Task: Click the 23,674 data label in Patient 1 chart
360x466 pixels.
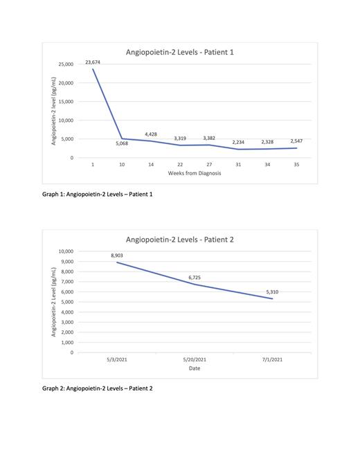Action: pyautogui.click(x=93, y=62)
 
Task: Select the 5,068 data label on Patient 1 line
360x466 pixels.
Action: pyautogui.click(x=122, y=143)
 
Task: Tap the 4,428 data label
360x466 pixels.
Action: pyautogui.click(x=151, y=134)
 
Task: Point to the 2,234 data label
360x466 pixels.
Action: pyautogui.click(x=238, y=142)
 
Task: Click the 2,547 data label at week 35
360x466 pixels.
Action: pyautogui.click(x=296, y=141)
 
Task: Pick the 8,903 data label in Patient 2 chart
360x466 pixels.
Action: pyautogui.click(x=116, y=256)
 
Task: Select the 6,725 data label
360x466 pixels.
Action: pyautogui.click(x=194, y=277)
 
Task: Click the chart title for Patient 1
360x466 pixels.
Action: pyautogui.click(x=179, y=52)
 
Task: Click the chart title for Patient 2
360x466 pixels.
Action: pyautogui.click(x=180, y=240)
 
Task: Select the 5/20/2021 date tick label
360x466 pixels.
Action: pyautogui.click(x=194, y=359)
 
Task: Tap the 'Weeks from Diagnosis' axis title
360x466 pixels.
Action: pyautogui.click(x=194, y=174)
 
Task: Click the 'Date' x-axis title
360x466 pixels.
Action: pyautogui.click(x=194, y=368)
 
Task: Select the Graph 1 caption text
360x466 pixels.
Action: pyautogui.click(x=97, y=194)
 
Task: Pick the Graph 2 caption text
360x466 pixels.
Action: pyautogui.click(x=97, y=388)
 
